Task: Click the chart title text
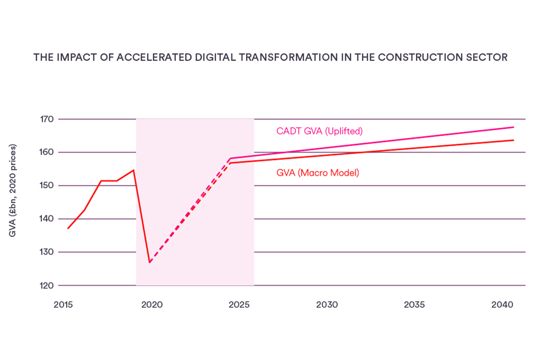[270, 57]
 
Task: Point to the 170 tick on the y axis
[48, 119]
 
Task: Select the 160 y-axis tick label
[48, 152]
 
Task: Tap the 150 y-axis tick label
[48, 185]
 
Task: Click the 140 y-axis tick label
[48, 219]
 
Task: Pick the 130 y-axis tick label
[48, 252]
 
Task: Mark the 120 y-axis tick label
[48, 286]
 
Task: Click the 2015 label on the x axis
[63, 305]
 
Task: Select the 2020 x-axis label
[152, 305]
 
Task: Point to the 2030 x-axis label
[327, 305]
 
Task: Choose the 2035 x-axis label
[414, 305]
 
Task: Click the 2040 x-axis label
[502, 305]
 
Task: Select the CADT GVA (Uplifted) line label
[320, 131]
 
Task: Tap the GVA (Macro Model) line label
[318, 173]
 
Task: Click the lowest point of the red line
[150, 262]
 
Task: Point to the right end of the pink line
[514, 127]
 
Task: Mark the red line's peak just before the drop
[134, 170]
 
